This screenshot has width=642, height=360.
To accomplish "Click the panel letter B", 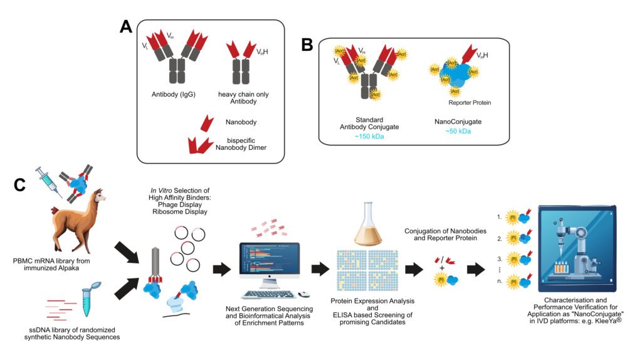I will [x=307, y=45].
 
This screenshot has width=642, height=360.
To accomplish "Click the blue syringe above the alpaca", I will [x=46, y=178].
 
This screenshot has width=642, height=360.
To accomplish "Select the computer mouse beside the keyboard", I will [x=304, y=294].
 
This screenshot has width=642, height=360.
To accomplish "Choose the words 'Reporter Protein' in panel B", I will [x=470, y=102].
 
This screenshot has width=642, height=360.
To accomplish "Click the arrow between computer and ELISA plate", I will [x=320, y=270].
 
